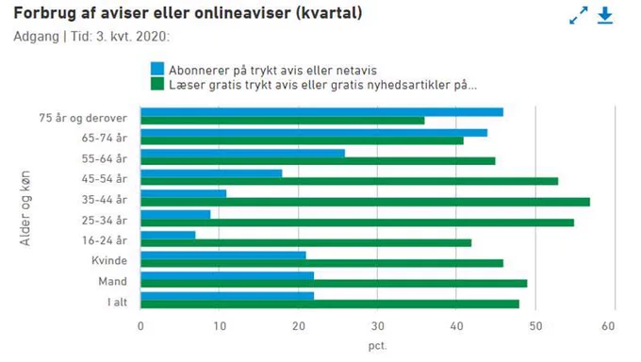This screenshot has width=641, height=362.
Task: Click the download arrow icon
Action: pos(605,16)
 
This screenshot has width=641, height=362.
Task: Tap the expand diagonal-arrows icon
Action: pos(579,15)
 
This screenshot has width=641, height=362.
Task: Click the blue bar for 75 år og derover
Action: pos(321,112)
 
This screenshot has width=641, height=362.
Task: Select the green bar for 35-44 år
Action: pos(365,202)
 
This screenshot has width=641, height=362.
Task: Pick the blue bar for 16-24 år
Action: pos(168,235)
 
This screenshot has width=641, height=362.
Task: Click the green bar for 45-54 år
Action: pos(349,181)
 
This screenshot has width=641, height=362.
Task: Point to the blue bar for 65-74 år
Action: pos(314,133)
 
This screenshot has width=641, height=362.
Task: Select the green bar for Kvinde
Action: pos(321,263)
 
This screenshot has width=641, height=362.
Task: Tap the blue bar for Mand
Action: pos(227,275)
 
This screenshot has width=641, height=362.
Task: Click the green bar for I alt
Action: pos(330,304)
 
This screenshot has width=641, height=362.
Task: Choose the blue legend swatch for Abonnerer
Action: pos(157,69)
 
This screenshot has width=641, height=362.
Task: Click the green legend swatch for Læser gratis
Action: pos(157,84)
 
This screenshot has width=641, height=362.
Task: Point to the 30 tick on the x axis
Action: pos(378,326)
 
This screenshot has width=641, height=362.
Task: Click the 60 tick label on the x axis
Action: pos(608,326)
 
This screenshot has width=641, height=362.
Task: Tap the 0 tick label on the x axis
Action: pos(140,326)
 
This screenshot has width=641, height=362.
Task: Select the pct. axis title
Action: pos(377,346)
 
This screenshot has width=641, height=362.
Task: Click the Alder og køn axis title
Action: pos(25,207)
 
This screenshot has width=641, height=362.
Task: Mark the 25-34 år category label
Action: pos(105,220)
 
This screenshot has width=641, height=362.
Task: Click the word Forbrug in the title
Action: pos(45,13)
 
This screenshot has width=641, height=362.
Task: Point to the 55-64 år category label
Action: pos(105,158)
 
